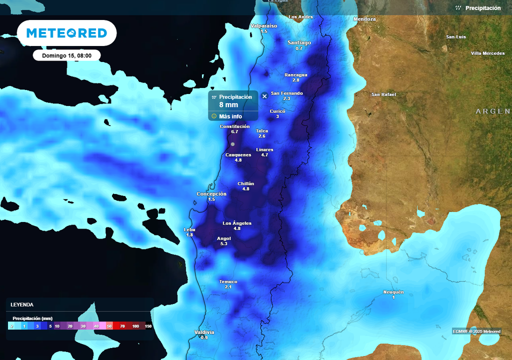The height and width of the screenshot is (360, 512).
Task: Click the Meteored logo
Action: [66, 33]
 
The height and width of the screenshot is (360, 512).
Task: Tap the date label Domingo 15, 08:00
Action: [66, 55]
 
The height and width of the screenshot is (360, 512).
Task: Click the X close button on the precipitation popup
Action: [264, 96]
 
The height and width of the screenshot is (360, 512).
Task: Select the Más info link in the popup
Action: [230, 116]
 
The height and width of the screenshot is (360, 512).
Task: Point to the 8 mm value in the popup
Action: [228, 105]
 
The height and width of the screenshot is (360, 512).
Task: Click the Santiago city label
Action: [299, 42]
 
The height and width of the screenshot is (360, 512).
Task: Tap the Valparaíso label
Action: [263, 25]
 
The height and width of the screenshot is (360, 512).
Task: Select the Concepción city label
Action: [211, 193]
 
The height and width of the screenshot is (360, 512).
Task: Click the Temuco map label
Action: [228, 281]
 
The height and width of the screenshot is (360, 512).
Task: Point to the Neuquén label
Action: [393, 292]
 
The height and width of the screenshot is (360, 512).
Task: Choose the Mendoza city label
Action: [364, 19]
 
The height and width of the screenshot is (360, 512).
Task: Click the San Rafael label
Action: [383, 94]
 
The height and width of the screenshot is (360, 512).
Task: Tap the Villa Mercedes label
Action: [487, 53]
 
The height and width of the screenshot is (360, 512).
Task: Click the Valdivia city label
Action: [204, 332]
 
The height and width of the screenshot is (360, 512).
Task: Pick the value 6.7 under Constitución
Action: [234, 131]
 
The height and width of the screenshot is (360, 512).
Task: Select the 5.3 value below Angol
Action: [223, 243]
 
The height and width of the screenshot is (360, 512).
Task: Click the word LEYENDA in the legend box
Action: [22, 304]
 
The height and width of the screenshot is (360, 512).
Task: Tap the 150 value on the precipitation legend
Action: [148, 326]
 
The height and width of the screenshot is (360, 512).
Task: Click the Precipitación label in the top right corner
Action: [482, 8]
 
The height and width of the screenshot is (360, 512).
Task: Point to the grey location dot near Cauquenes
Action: [232, 144]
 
